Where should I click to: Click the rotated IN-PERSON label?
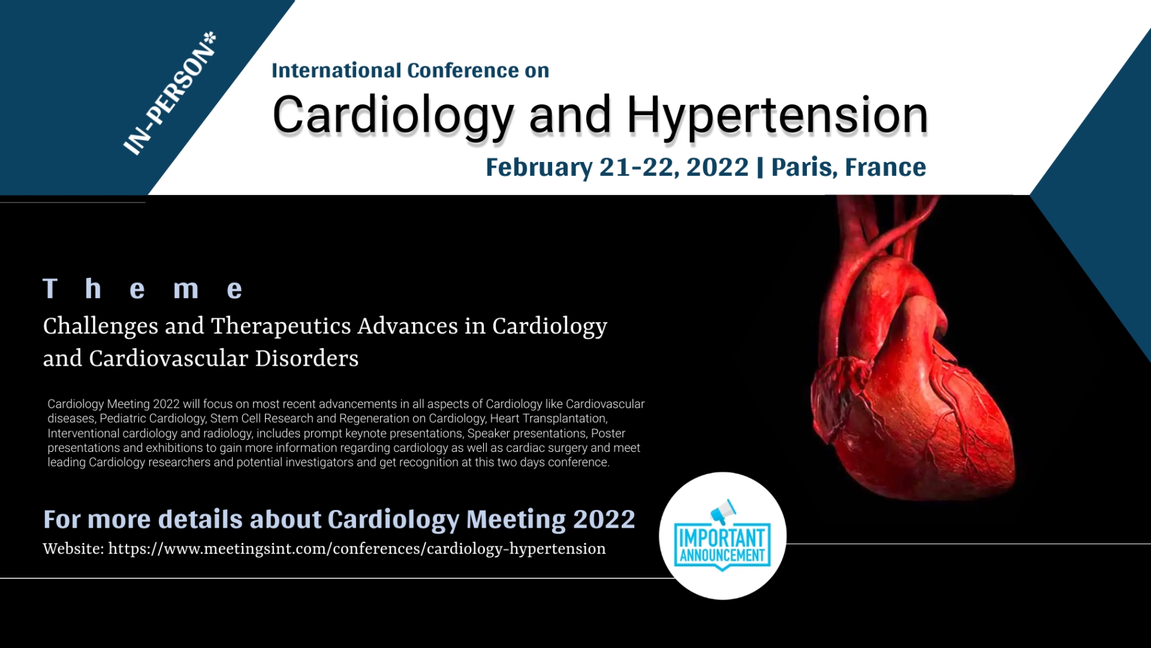pos(169,94)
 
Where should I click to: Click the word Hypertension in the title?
pos(777,115)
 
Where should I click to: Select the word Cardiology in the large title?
pos(392,115)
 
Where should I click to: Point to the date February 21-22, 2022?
pos(617,167)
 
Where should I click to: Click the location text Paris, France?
pos(848,167)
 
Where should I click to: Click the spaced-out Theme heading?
pos(143,289)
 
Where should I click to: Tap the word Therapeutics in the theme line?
pos(281,327)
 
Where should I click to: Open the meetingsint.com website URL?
pos(357,549)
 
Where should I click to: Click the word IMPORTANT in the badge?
pos(722,538)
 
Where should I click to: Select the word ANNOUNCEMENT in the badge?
pos(722,556)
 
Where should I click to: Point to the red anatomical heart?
pos(911,380)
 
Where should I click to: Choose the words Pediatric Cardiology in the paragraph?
pos(152,419)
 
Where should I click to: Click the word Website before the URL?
pos(73,549)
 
